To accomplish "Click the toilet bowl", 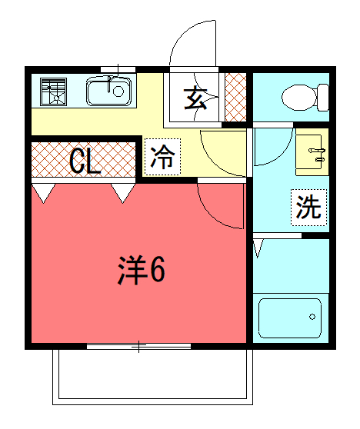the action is pos(299,98).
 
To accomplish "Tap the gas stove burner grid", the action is pos(53,92).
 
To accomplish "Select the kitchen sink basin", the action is pos(108,91).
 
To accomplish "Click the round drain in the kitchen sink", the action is pos(118,91).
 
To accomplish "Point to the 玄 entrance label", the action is pos(195,98).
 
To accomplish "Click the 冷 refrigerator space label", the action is pos(162,157).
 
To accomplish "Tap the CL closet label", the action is pos(85,162).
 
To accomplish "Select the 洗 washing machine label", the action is pos(308,208).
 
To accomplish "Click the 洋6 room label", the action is pos(142,270).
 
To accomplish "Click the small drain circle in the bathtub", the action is pos(312,317).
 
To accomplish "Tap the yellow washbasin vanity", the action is pos(312,152).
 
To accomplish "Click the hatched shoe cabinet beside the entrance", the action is pos(235,97).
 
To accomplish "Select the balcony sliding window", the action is pos(138,347).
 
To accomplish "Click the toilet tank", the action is pos(323,98).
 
